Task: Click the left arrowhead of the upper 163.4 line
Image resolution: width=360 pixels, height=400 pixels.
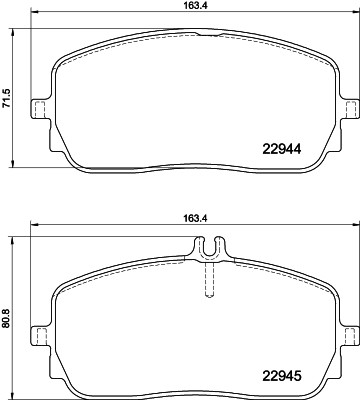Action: click(x=34, y=16)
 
